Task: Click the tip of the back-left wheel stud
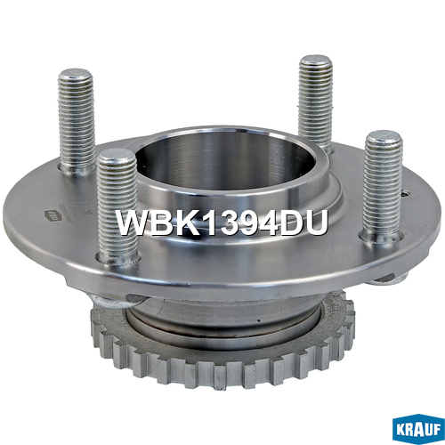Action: pyautogui.click(x=75, y=75)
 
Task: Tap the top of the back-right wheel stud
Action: pyautogui.click(x=316, y=61)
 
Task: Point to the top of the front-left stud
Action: pyautogui.click(x=117, y=155)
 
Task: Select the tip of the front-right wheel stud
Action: pyautogui.click(x=384, y=137)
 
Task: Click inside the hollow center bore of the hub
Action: pyautogui.click(x=225, y=166)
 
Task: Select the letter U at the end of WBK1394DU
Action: pyautogui.click(x=316, y=222)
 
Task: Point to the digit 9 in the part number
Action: pyautogui.click(x=250, y=222)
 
